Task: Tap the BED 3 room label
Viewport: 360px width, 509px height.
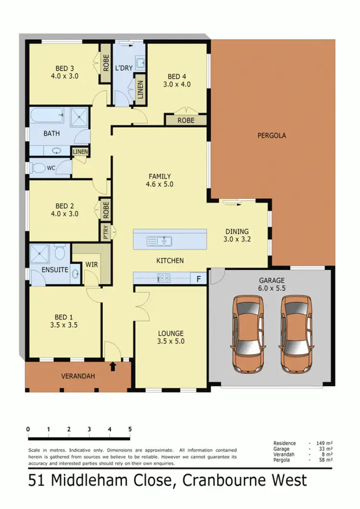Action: (64, 68)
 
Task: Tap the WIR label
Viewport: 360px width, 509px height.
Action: (92, 265)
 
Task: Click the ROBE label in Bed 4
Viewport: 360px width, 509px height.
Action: (186, 121)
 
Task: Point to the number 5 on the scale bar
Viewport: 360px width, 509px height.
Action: (130, 429)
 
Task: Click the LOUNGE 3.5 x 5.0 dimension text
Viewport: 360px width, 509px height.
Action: (171, 341)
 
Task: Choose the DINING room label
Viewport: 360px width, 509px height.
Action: (238, 230)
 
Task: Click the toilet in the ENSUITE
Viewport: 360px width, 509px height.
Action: (60, 252)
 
